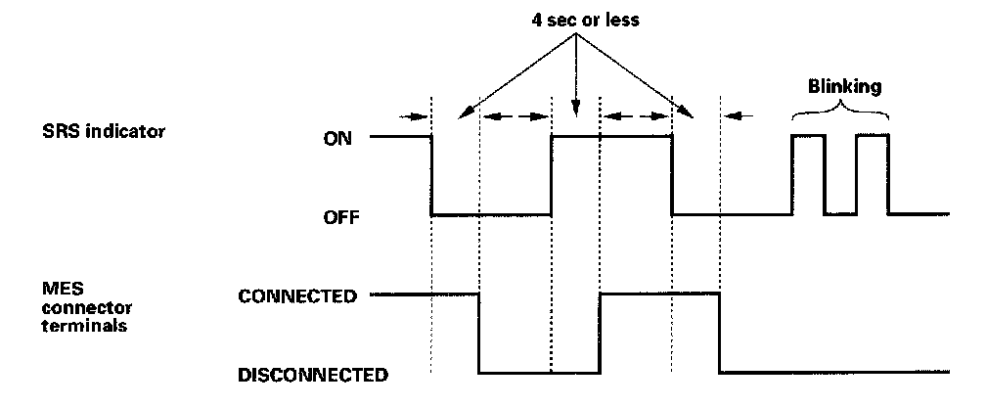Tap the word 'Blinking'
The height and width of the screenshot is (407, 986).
point(844,86)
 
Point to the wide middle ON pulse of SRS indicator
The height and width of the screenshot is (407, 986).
point(611,137)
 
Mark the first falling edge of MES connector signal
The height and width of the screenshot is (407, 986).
point(479,333)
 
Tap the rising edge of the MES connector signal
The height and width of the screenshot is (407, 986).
point(600,333)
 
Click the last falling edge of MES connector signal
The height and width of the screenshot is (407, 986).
point(720,333)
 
